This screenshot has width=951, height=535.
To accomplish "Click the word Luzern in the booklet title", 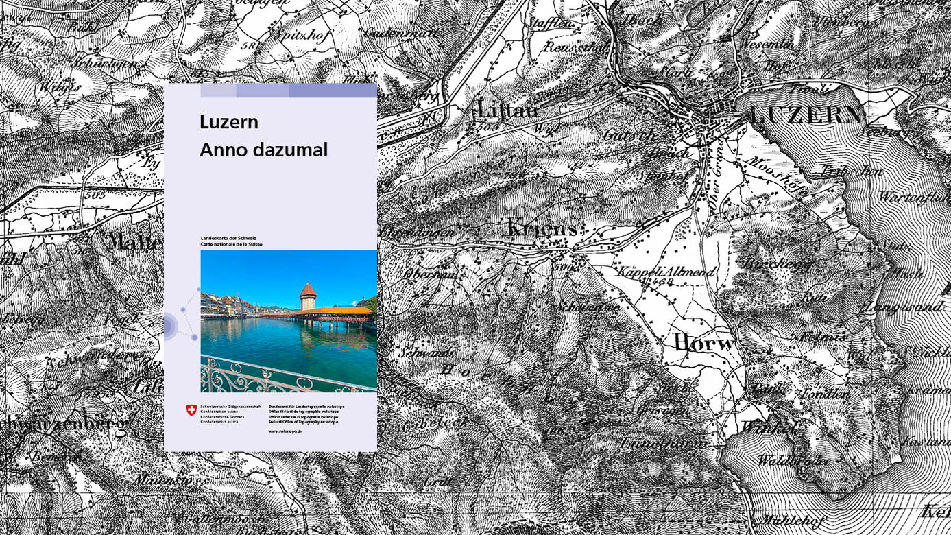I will (x=228, y=122).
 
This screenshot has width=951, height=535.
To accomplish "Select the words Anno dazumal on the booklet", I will (x=263, y=150).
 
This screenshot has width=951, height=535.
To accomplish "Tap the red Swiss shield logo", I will (x=191, y=410).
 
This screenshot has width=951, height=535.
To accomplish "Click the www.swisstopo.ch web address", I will (x=285, y=431).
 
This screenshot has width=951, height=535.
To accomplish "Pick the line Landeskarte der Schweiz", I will (x=228, y=238).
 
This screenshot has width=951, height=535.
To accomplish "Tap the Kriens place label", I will (x=542, y=228).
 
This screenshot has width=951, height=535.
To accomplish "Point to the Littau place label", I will (x=507, y=110).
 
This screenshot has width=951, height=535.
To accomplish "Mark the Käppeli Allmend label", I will (x=665, y=272).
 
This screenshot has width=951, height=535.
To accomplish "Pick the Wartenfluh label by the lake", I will (x=913, y=198).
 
